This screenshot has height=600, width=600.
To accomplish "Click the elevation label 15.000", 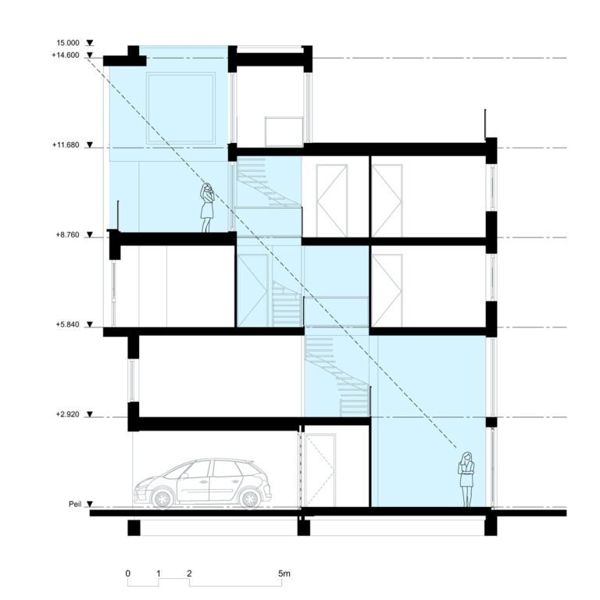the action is pyautogui.click(x=68, y=43).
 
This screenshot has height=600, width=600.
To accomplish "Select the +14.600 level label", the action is pyautogui.click(x=66, y=55).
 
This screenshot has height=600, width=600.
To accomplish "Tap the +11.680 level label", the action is pyautogui.click(x=66, y=145).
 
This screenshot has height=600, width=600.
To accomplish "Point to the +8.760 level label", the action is pyautogui.click(x=67, y=234).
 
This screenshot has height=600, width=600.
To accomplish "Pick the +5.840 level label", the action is pyautogui.click(x=67, y=324).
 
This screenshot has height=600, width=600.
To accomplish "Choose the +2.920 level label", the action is pyautogui.click(x=67, y=414).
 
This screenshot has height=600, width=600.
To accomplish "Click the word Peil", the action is pyautogui.click(x=75, y=504).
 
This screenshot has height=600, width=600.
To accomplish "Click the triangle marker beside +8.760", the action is pyautogui.click(x=90, y=235).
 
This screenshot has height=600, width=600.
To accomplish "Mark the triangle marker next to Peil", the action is pyautogui.click(x=90, y=505).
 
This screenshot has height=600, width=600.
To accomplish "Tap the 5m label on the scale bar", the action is pyautogui.click(x=284, y=573).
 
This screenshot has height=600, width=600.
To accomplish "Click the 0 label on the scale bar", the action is pyautogui.click(x=128, y=573).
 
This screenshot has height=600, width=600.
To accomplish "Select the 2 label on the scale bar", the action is pyautogui.click(x=189, y=573).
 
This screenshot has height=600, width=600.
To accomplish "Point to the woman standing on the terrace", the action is pyautogui.click(x=206, y=207).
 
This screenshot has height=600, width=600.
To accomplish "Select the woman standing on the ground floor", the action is pyautogui.click(x=466, y=480).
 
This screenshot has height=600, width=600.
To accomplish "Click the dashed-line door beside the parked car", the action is pyautogui.click(x=320, y=470).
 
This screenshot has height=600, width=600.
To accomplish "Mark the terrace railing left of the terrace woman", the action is pyautogui.click(x=118, y=216).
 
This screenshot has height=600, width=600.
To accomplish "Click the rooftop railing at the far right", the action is pyautogui.click(x=486, y=123).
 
